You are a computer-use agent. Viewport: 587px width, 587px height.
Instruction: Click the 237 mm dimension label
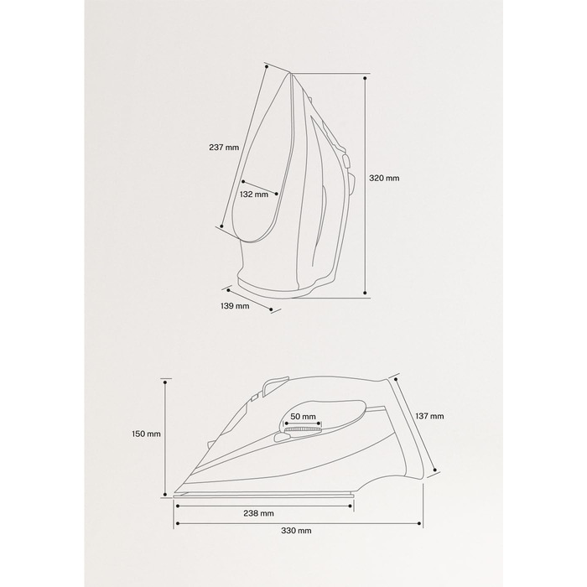[224, 147]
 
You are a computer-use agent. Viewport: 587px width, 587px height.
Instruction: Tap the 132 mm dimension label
[254, 195]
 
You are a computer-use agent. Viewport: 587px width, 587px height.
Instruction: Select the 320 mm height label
[384, 178]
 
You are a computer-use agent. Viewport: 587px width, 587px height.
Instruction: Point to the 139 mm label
[235, 306]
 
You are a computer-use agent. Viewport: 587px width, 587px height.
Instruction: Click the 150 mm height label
[146, 434]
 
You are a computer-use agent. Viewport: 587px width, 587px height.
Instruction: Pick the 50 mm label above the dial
[303, 416]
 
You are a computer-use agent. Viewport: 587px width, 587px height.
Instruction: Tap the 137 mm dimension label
[429, 416]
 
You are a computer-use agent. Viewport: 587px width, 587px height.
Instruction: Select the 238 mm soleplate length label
[258, 513]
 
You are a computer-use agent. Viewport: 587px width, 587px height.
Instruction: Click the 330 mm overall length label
[296, 531]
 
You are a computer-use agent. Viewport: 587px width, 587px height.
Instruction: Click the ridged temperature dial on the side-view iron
[303, 429]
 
